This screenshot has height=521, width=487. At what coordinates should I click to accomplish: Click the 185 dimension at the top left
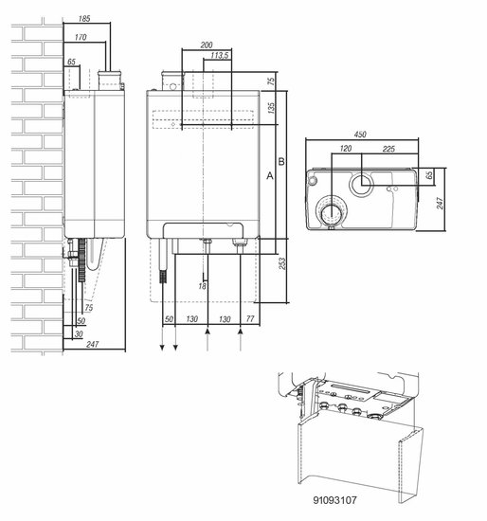point(84,19)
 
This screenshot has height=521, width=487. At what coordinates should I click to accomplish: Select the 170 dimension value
point(81,37)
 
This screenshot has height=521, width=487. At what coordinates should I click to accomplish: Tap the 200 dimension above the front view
point(207,45)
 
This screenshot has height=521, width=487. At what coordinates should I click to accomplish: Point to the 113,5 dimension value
point(220,55)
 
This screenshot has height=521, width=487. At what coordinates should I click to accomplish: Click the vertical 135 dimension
point(271,108)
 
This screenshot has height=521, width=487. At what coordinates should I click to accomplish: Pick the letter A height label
point(270,176)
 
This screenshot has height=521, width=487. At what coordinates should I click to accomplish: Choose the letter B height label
point(281,162)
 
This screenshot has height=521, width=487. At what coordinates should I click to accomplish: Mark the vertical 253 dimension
point(282,263)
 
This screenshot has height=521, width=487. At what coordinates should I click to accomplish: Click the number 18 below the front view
point(202,286)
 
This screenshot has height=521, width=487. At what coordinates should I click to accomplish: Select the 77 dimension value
point(250,319)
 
